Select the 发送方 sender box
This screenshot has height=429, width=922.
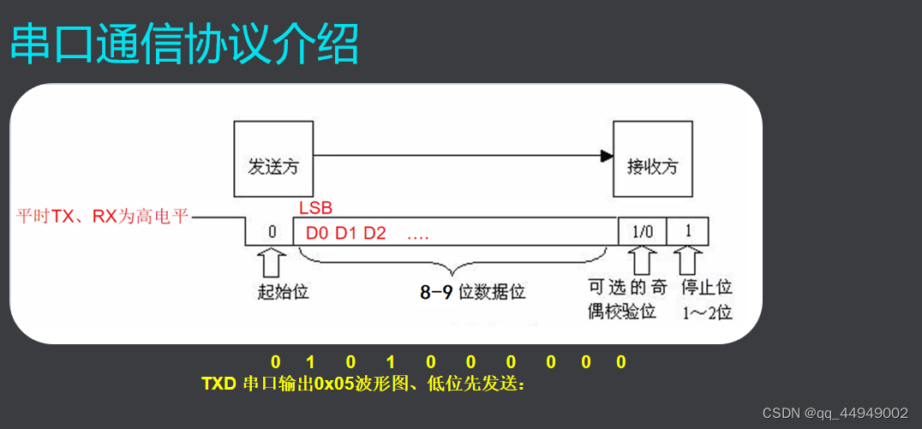tap(272, 159)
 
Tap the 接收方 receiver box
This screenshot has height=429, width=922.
tap(652, 159)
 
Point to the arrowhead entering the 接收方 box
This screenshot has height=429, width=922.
tap(607, 156)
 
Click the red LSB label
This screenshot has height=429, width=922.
tap(315, 208)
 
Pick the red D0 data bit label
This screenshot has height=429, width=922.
tap(317, 232)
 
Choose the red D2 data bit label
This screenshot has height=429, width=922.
tap(374, 232)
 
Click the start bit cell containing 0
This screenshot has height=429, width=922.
tap(272, 231)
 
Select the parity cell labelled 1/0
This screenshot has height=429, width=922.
tap(641, 231)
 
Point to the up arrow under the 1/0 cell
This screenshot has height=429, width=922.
tap(641, 259)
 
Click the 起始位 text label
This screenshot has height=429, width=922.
tap(283, 291)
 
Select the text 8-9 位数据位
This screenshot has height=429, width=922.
tap(472, 292)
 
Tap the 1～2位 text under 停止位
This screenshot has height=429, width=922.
tap(707, 312)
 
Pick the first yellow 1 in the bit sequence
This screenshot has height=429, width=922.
tap(311, 362)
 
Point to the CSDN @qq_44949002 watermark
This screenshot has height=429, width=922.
tap(835, 413)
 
